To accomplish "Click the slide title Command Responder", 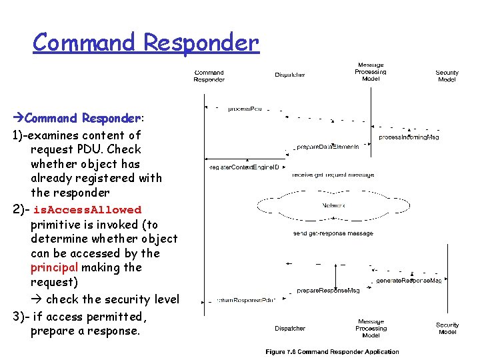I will click(x=145, y=43).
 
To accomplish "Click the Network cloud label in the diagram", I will click(x=333, y=206).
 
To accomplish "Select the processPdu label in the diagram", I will click(x=245, y=108).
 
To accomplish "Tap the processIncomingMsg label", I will click(x=409, y=137).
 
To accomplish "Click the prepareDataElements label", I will click(x=327, y=146).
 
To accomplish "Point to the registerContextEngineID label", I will click(x=244, y=167).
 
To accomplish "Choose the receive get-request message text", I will click(x=333, y=175).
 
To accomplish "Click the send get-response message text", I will click(x=333, y=233).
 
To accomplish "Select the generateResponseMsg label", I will click(x=409, y=281).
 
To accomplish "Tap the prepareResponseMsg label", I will click(x=327, y=291).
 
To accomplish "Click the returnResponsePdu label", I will click(x=241, y=301).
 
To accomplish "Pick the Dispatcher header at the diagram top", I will click(x=290, y=75).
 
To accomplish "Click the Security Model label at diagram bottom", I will click(x=447, y=329).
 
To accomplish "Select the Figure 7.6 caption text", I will click(x=332, y=352).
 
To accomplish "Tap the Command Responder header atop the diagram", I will click(x=209, y=76).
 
